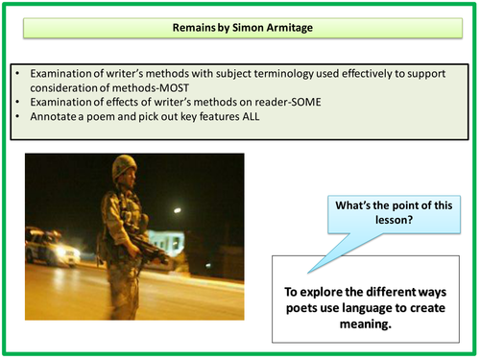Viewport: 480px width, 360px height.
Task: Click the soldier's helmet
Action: coord(124,169)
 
